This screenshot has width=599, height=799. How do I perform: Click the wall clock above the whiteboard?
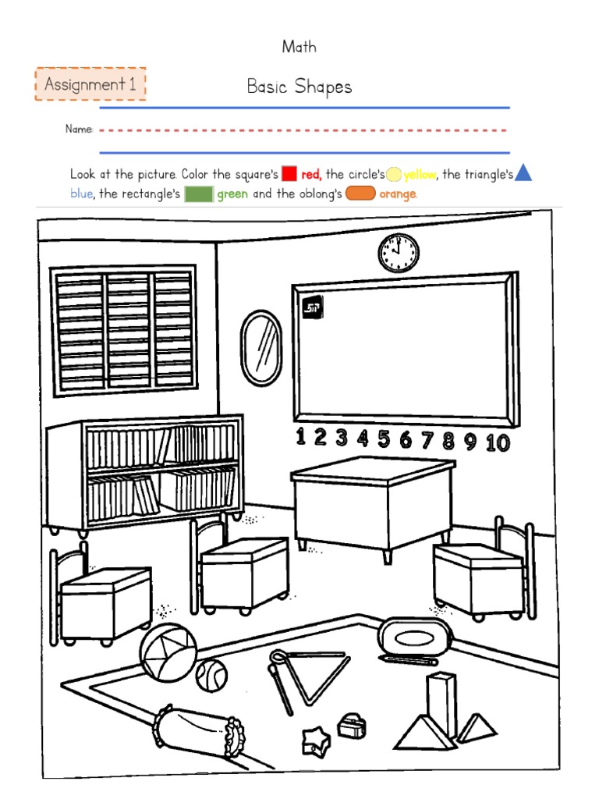tap(399, 253)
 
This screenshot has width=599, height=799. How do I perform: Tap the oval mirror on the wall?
tap(261, 343)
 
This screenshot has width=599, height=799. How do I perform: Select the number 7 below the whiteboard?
tap(427, 441)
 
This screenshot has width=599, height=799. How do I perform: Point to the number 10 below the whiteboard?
tap(497, 443)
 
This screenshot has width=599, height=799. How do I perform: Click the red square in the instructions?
tap(289, 174)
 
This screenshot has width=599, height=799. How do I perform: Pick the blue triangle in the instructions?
tap(523, 173)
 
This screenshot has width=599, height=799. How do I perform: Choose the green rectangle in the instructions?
tap(199, 194)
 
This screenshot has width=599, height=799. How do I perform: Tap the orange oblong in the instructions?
tap(360, 194)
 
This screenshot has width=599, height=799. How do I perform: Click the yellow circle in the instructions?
tap(394, 174)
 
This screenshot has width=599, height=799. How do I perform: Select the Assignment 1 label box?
tap(90, 84)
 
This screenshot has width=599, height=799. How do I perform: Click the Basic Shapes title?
tap(299, 87)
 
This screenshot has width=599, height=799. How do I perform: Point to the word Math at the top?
tap(299, 47)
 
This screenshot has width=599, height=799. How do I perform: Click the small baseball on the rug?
tap(211, 674)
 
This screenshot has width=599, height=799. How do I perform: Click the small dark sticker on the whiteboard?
tap(313, 306)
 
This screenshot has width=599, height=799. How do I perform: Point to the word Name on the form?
tap(79, 130)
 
